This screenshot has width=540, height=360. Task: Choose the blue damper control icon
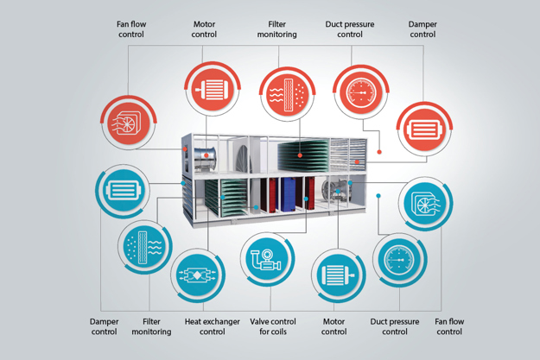click(x=120, y=190)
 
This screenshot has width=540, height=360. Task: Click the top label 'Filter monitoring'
click(x=277, y=28)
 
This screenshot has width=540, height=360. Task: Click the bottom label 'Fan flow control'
click(x=450, y=326)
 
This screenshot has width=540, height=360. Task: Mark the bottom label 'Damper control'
click(x=105, y=326)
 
